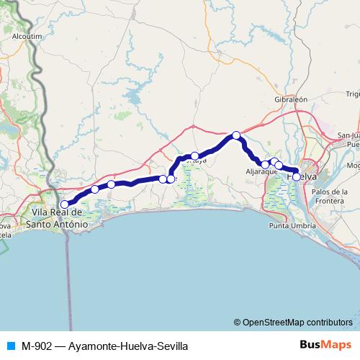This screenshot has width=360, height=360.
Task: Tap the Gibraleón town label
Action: point(291,99)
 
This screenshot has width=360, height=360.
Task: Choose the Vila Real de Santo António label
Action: point(57,218)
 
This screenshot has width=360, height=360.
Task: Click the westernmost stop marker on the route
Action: point(65,184)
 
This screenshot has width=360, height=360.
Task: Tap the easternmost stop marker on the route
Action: point(297,176)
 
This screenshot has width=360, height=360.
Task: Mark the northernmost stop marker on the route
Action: point(235,135)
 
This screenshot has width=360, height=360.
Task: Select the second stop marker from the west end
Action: point(94,189)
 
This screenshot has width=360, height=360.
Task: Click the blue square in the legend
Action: point(9,346)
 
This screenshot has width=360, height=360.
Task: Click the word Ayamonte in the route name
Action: point(90,346)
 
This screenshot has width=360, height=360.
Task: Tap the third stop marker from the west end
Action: point(111,184)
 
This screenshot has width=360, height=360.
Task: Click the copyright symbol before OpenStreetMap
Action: point(238,322)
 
